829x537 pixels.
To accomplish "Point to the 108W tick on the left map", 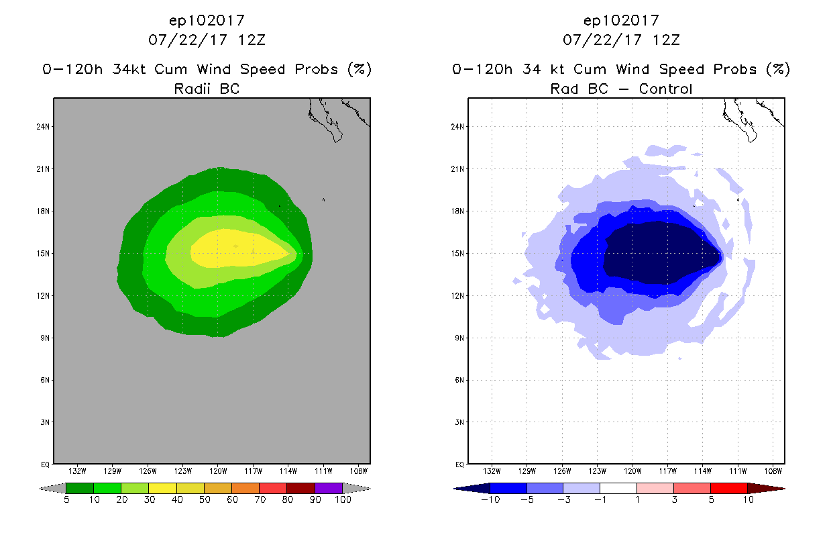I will coord(359,470).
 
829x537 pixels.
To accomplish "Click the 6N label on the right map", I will coord(460,380).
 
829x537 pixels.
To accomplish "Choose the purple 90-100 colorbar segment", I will coord(329,488).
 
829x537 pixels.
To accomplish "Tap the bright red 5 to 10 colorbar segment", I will coord(728,488).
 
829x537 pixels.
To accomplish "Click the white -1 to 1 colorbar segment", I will coord(618,488).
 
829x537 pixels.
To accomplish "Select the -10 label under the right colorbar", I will coord(490,499).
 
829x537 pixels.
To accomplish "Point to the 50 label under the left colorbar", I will coord(204,499).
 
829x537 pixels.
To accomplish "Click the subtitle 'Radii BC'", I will coord(207,89).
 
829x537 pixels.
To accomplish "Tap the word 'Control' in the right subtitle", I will coord(665,89).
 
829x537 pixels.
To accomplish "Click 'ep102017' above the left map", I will coord(207,20).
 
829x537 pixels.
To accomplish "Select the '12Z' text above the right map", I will coord(666,40).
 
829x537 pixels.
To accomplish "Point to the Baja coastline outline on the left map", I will coord(329,121).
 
